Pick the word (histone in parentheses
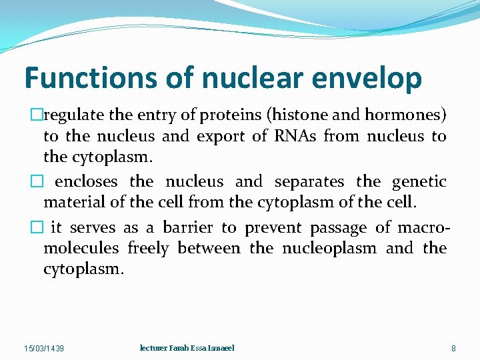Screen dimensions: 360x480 coord(296,115)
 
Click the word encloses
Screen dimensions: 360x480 coord(86,181)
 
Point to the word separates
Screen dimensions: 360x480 coord(309,181)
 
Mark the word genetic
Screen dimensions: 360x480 coord(419,182)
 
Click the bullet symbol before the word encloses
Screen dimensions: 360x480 coord(47,181)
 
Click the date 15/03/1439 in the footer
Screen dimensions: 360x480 coord(44,349)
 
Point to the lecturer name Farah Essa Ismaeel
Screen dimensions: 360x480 coord(187,349)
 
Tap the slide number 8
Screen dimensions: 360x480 coord(453,349)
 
